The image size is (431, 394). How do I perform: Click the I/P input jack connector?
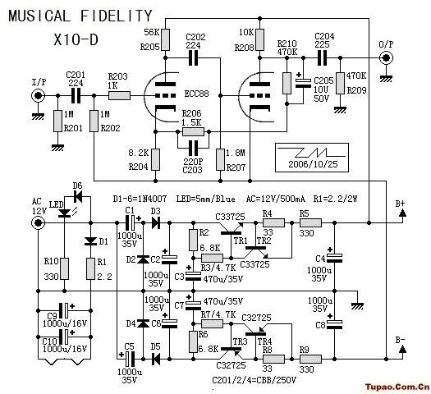tap(38, 96)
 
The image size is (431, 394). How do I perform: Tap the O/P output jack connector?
tap(386, 58)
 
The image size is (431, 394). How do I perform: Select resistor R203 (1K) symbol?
tap(119, 95)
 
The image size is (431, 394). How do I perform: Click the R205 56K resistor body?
tap(165, 40)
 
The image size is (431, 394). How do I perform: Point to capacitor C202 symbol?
tap(193, 58)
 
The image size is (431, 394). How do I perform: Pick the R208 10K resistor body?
tap(259, 40)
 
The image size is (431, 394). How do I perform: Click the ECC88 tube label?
tap(196, 94)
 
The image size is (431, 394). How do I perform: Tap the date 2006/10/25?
tap(313, 164)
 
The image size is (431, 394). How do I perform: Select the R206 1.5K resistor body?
tap(193, 132)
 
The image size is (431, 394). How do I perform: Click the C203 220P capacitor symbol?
tap(193, 148)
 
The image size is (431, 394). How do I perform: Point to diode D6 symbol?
tap(78, 196)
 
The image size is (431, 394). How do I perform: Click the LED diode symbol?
tap(65, 213)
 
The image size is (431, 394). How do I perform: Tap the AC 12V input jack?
tap(38, 222)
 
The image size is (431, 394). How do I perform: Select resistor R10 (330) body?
tap(65, 268)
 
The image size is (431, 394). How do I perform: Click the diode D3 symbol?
tap(156, 222)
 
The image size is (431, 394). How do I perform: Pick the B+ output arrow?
tap(402, 213)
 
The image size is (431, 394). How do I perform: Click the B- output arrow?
tap(402, 349)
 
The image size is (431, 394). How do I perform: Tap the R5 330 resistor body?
tap(310, 222)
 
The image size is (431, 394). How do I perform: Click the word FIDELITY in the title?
tap(117, 16)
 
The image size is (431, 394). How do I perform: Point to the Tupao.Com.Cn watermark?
tap(397, 387)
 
